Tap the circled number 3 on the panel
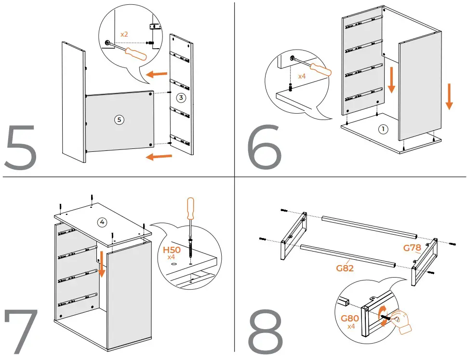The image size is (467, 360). (x=180, y=98)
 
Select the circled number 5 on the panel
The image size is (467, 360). (x=119, y=120)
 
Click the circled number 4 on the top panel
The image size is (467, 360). (x=102, y=222)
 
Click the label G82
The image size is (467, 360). (x=345, y=267)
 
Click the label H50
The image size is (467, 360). (x=172, y=250)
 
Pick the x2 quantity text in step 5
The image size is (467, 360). (x=124, y=35)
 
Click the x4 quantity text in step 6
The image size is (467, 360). (x=302, y=76)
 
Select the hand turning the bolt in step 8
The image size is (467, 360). (x=401, y=321)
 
